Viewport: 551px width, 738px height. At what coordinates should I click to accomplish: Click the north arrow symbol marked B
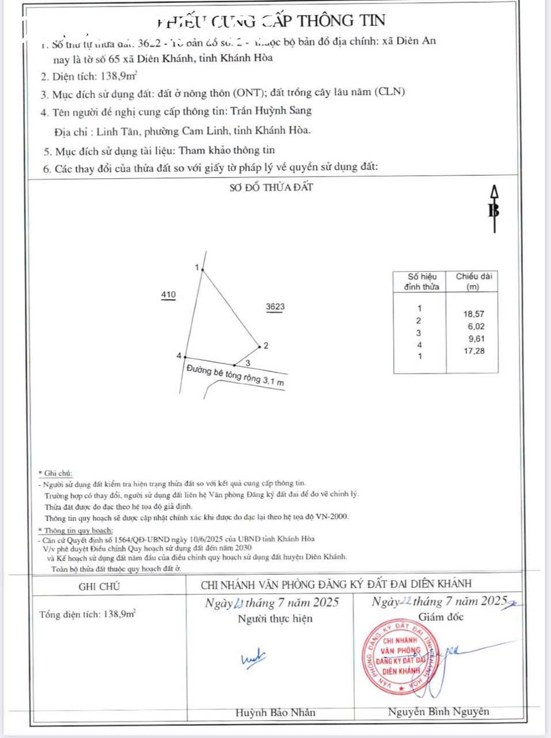coord(494,210)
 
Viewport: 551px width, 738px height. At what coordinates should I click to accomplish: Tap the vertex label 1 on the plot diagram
coord(197,268)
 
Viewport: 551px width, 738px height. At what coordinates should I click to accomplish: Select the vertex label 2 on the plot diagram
coord(266,346)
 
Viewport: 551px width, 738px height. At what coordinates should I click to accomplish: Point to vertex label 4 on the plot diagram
coord(179,356)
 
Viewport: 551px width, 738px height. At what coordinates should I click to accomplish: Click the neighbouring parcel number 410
coord(168,295)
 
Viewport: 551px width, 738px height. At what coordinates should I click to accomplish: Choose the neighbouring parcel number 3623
coord(275,307)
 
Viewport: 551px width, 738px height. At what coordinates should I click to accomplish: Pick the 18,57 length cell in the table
coord(474,314)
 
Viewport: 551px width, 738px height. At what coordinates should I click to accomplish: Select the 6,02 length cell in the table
coord(476,326)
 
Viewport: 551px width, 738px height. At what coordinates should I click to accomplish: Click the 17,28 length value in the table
coord(474,351)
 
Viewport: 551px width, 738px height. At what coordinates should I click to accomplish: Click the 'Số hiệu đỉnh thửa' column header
coord(422,281)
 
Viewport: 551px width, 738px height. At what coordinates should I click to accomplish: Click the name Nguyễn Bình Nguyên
coord(439,711)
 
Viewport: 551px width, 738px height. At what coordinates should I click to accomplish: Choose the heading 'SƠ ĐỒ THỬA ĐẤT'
coord(271,187)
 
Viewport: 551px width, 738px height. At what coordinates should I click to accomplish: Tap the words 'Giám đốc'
coord(441,617)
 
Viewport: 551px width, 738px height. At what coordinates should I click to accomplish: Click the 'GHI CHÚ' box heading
coord(99,586)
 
